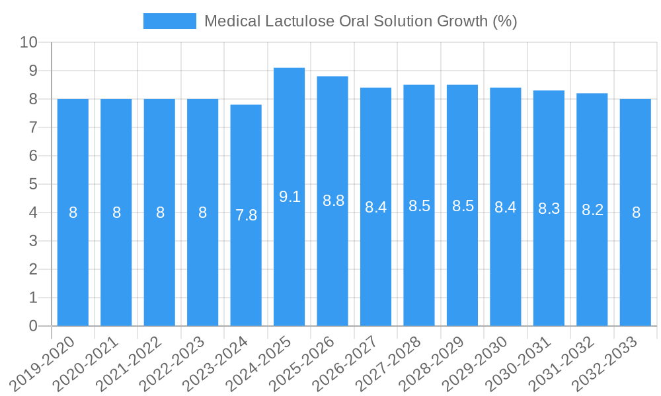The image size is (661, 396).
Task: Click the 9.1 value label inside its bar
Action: (290, 196)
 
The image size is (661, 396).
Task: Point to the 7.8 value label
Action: (246, 214)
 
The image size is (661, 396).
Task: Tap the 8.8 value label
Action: (333, 201)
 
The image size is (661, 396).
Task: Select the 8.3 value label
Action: (549, 209)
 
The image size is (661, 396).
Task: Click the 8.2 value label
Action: (592, 210)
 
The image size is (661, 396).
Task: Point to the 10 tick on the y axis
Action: (29, 43)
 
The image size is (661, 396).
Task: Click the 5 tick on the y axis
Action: (33, 185)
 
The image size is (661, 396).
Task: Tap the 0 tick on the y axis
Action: (33, 326)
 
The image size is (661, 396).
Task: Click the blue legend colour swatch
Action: (170, 21)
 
